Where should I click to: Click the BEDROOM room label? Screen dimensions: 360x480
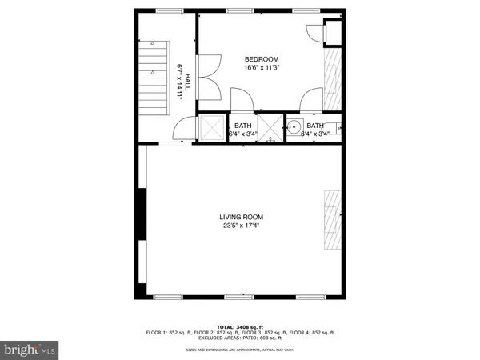click(x=261, y=59)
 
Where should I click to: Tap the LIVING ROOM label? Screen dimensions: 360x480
click(x=242, y=217)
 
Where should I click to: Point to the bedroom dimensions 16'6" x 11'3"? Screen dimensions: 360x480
click(x=261, y=68)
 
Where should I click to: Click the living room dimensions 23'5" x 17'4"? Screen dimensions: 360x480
click(x=242, y=226)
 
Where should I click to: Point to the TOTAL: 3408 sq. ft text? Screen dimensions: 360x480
click(x=240, y=326)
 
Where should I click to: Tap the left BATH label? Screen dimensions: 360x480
click(x=242, y=126)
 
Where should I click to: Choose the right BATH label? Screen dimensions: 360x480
click(x=315, y=126)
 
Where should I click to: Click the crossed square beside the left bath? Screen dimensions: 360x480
click(x=212, y=128)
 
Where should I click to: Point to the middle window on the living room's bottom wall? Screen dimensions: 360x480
click(x=237, y=296)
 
